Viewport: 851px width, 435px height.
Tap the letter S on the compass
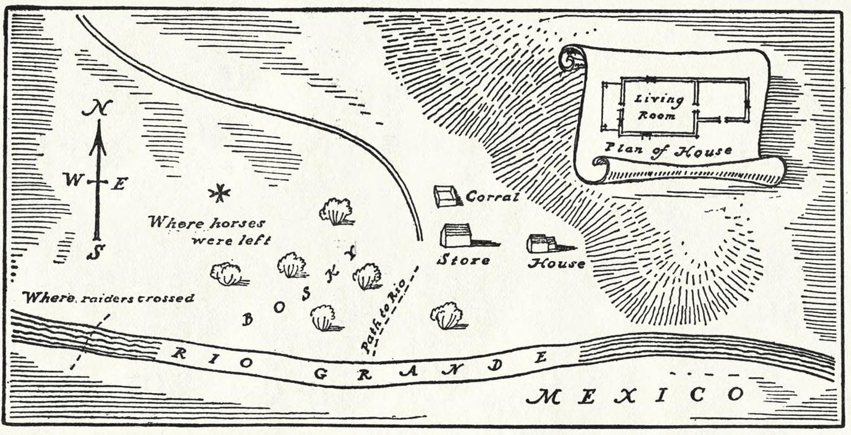pyautogui.click(x=96, y=251)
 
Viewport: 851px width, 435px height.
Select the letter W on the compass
pyautogui.click(x=73, y=179)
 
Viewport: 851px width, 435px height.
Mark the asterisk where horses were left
pyautogui.click(x=219, y=194)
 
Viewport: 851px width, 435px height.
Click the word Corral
pyautogui.click(x=492, y=197)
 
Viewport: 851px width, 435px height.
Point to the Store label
pyautogui.click(x=464, y=260)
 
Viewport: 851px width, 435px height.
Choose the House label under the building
pyautogui.click(x=556, y=264)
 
